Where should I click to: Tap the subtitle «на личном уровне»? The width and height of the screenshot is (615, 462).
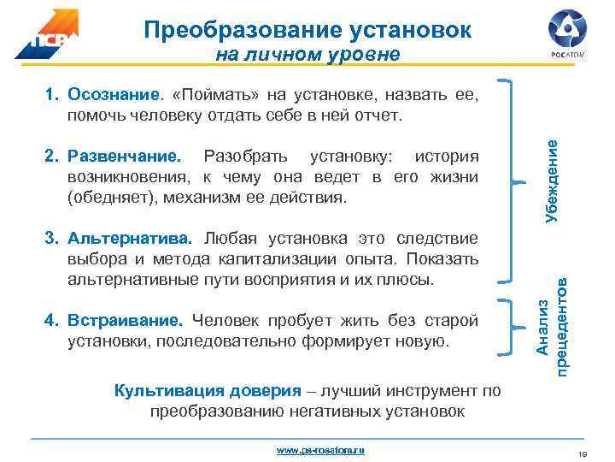307,56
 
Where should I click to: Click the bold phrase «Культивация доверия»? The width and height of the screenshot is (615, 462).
208,391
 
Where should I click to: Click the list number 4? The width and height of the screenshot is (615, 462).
50,322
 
